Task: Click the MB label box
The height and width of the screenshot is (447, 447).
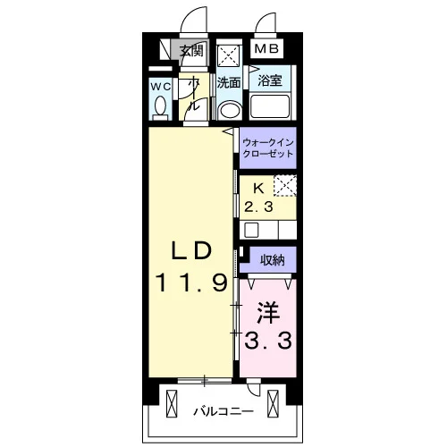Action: click(266, 48)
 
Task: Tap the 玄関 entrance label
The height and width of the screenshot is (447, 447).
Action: click(191, 50)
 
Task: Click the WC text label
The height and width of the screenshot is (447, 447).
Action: click(161, 87)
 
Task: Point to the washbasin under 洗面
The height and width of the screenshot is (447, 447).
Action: click(230, 111)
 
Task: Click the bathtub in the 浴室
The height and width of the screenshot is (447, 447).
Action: click(270, 106)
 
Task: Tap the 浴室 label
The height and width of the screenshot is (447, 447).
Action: click(270, 80)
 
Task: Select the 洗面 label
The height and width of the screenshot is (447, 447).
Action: click(229, 82)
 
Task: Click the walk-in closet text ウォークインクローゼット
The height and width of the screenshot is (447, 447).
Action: click(268, 148)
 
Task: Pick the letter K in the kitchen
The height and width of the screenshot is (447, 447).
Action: click(258, 188)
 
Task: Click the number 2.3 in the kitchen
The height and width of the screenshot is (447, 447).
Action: click(258, 207)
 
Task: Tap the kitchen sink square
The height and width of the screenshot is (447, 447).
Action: click(251, 230)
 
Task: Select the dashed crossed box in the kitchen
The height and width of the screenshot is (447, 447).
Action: click(285, 186)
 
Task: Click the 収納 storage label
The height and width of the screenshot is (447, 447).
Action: click(273, 260)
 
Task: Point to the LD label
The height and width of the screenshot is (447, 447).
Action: click(191, 249)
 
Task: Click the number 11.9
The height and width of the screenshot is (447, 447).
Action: click(191, 283)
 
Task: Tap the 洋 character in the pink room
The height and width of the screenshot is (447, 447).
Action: click(268, 312)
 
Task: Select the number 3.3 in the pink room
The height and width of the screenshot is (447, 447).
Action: click(268, 342)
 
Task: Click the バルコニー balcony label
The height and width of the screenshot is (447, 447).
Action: click(223, 411)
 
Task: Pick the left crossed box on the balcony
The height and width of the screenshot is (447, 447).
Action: click(172, 404)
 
